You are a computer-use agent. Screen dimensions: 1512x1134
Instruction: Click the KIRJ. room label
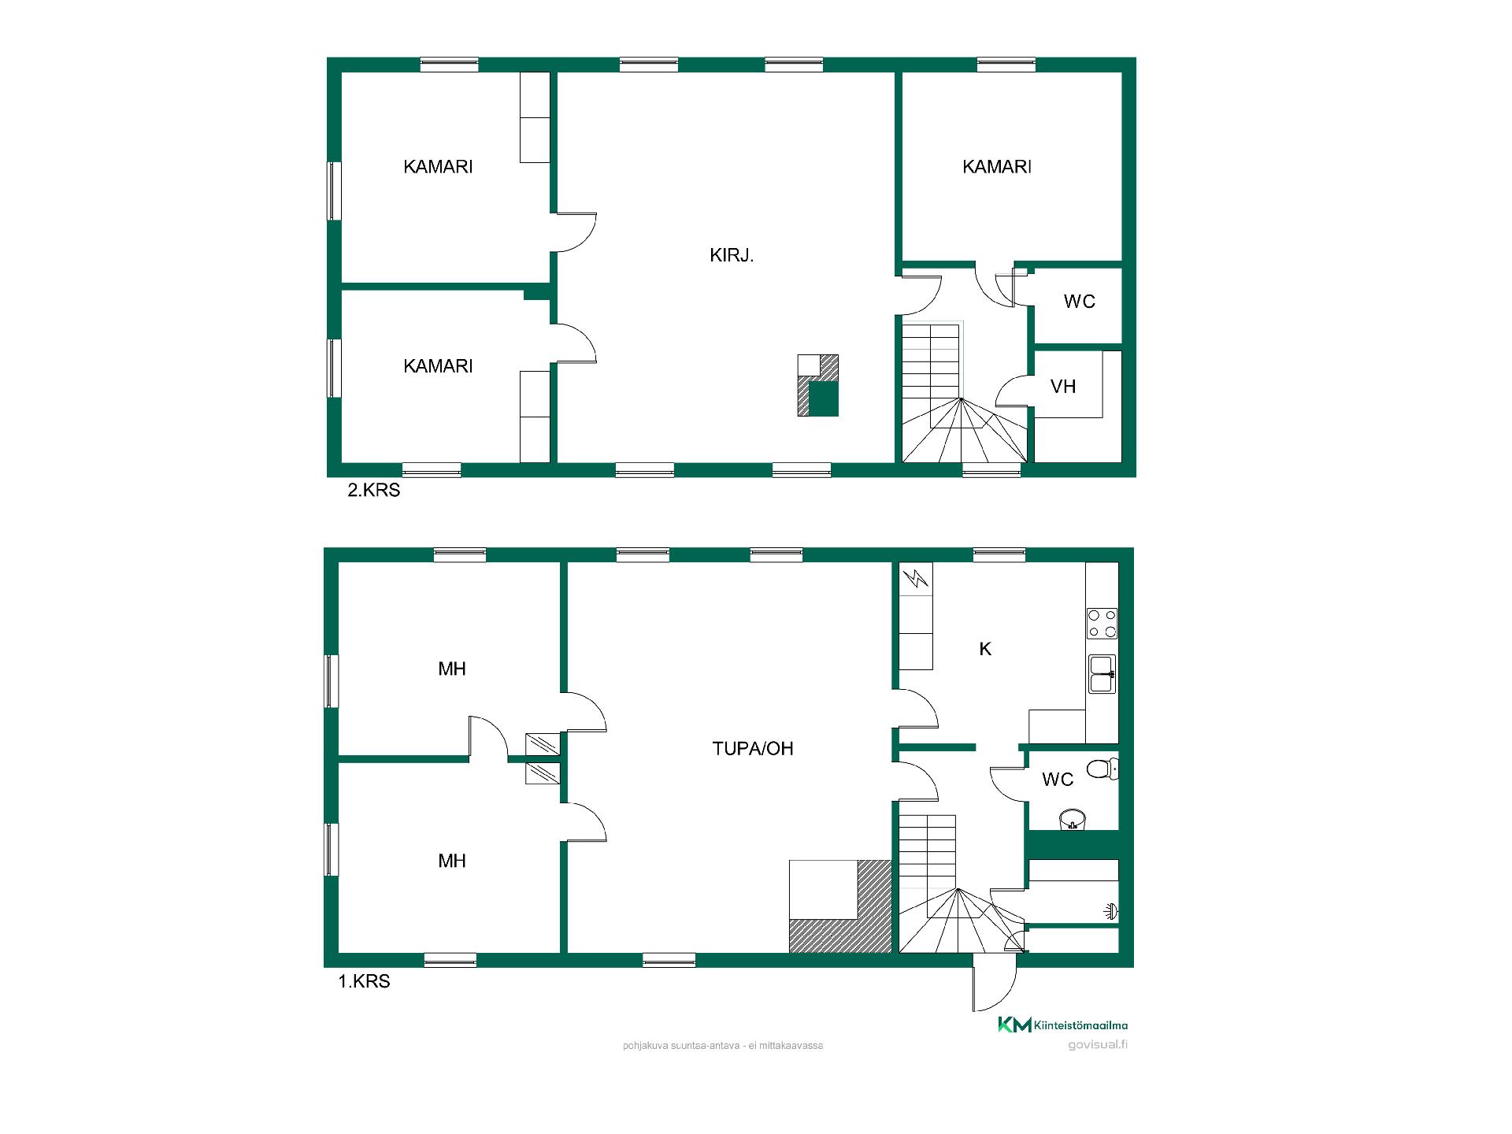tap(732, 255)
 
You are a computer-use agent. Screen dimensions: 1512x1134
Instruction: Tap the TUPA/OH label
tap(753, 748)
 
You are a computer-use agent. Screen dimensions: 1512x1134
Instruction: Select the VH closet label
tap(1063, 387)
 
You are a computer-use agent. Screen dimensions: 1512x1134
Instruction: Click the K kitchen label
tap(985, 649)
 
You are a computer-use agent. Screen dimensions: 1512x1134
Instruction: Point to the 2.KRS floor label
tap(374, 490)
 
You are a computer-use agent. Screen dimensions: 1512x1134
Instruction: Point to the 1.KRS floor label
tap(365, 982)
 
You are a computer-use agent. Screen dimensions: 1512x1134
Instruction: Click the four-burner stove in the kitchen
tap(1102, 623)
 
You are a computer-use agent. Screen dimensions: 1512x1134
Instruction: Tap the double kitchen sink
tap(1102, 674)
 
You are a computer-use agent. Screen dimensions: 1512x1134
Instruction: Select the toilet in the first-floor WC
tap(1102, 768)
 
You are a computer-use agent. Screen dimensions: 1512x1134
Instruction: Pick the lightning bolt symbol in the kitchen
tap(917, 580)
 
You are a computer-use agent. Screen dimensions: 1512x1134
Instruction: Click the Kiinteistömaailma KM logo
tap(1062, 1025)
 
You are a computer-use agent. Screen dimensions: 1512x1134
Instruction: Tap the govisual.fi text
tap(1098, 1045)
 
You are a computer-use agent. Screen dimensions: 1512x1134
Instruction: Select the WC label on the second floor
tap(1079, 302)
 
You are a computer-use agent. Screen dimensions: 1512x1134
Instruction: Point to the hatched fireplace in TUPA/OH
tap(840, 906)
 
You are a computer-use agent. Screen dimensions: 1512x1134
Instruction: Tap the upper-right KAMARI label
tap(997, 167)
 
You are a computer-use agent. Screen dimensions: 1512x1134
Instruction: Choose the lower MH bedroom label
tap(452, 861)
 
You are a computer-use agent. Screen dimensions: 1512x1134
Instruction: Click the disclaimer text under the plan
tap(723, 1046)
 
